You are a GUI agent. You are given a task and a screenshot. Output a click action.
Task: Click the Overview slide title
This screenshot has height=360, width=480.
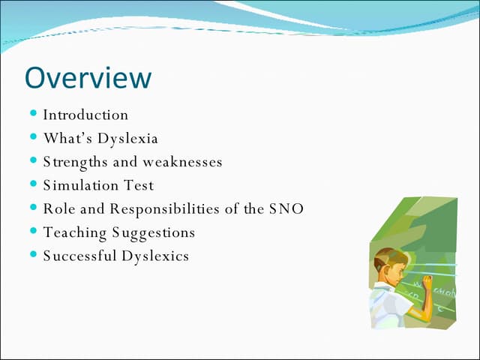(88, 77)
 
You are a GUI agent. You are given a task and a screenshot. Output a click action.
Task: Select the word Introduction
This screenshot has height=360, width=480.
(85, 115)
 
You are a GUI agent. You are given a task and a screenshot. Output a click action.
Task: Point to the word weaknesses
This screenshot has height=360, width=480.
(183, 162)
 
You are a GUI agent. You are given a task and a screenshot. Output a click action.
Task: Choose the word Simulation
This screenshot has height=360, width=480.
(78, 185)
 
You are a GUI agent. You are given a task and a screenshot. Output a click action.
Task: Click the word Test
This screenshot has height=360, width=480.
(139, 185)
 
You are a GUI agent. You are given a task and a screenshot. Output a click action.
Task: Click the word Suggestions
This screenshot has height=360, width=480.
(154, 232)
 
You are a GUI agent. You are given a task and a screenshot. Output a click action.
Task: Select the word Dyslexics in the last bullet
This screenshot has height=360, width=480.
(155, 256)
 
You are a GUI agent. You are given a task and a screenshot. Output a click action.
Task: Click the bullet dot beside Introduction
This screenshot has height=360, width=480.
(34, 113)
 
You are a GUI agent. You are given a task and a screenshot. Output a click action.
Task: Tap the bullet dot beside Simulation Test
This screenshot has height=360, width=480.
(34, 184)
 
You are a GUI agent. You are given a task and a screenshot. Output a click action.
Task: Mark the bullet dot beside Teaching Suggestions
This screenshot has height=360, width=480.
(34, 231)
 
